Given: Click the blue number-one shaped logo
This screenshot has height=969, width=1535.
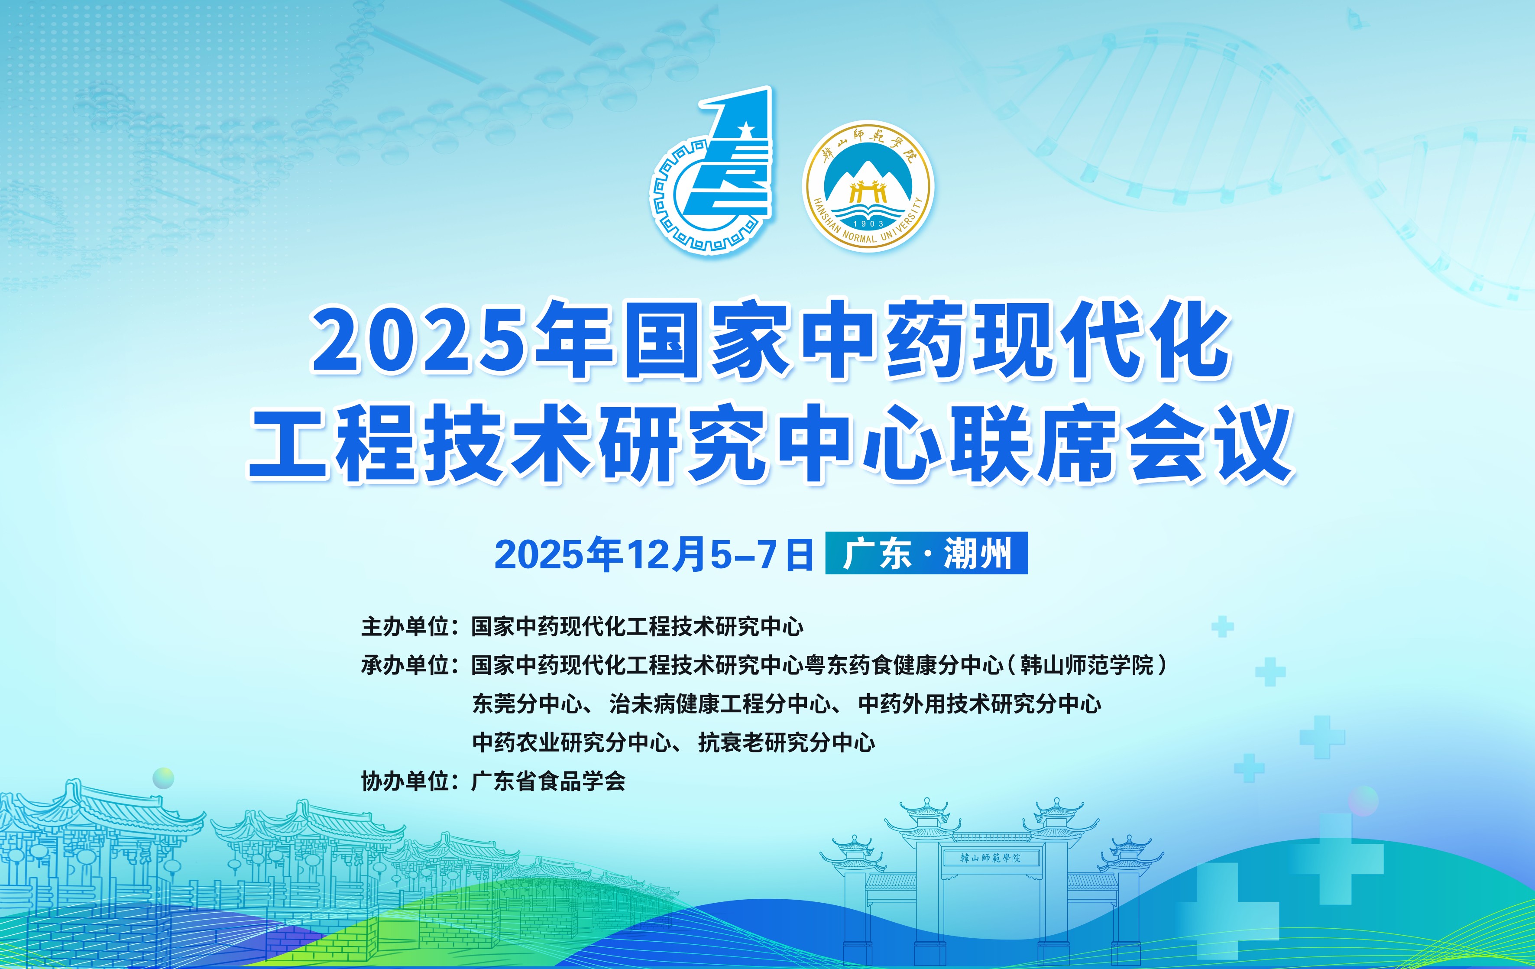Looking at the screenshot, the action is pyautogui.click(x=711, y=171).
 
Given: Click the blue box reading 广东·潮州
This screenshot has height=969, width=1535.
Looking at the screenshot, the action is pyautogui.click(x=926, y=553).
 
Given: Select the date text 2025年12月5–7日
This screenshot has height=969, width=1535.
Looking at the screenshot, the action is pyautogui.click(x=654, y=554).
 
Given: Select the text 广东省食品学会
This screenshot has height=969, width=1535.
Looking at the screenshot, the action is pyautogui.click(x=548, y=781).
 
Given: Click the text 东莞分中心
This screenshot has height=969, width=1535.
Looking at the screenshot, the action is pyautogui.click(x=527, y=704).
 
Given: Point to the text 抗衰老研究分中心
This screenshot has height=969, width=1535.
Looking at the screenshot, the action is pyautogui.click(x=787, y=743).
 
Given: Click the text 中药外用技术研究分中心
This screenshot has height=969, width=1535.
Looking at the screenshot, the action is pyautogui.click(x=980, y=704).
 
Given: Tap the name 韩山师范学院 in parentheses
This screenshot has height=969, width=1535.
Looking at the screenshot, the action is pyautogui.click(x=1087, y=665).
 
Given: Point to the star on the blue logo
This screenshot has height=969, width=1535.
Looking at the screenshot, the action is pyautogui.click(x=745, y=130).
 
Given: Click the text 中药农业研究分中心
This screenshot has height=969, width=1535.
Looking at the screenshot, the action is pyautogui.click(x=571, y=743).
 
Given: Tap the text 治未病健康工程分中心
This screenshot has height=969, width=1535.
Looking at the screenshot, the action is pyautogui.click(x=720, y=704).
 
